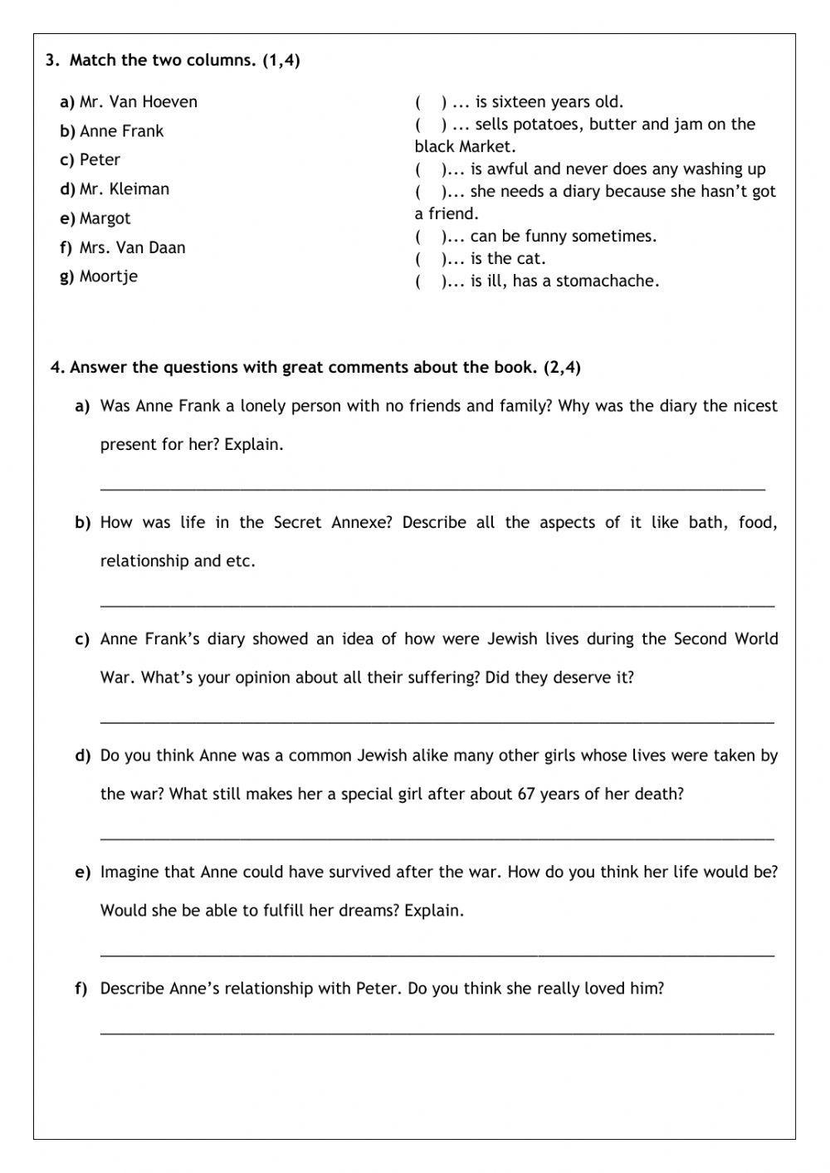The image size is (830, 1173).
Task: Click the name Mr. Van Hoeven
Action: (x=138, y=102)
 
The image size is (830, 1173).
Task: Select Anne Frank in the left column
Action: (x=121, y=131)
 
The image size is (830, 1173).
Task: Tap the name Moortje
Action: (x=109, y=276)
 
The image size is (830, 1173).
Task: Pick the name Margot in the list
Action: (x=105, y=218)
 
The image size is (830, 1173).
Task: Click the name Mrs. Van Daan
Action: (x=133, y=247)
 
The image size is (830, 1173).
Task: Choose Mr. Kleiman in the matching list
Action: (x=124, y=189)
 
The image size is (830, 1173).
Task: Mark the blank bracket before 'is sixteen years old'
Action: (x=431, y=102)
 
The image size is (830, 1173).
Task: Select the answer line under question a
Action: (x=432, y=488)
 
